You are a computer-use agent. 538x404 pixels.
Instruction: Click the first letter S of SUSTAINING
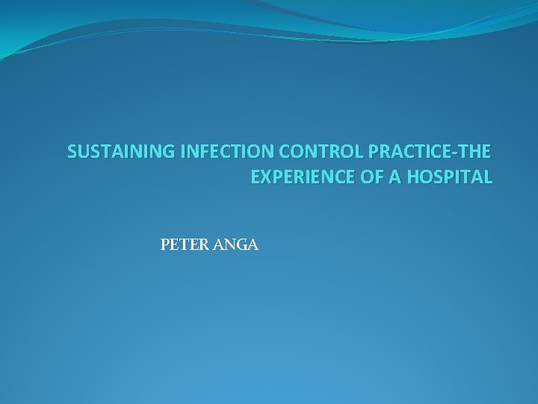[72, 153]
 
